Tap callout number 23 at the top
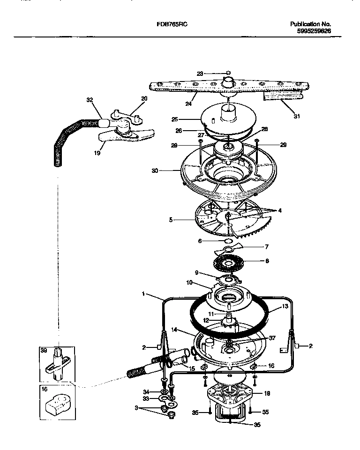[x=200, y=73]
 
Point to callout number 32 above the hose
[x=90, y=100]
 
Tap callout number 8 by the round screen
[x=268, y=261]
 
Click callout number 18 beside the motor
[x=267, y=393]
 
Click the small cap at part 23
[x=228, y=73]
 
